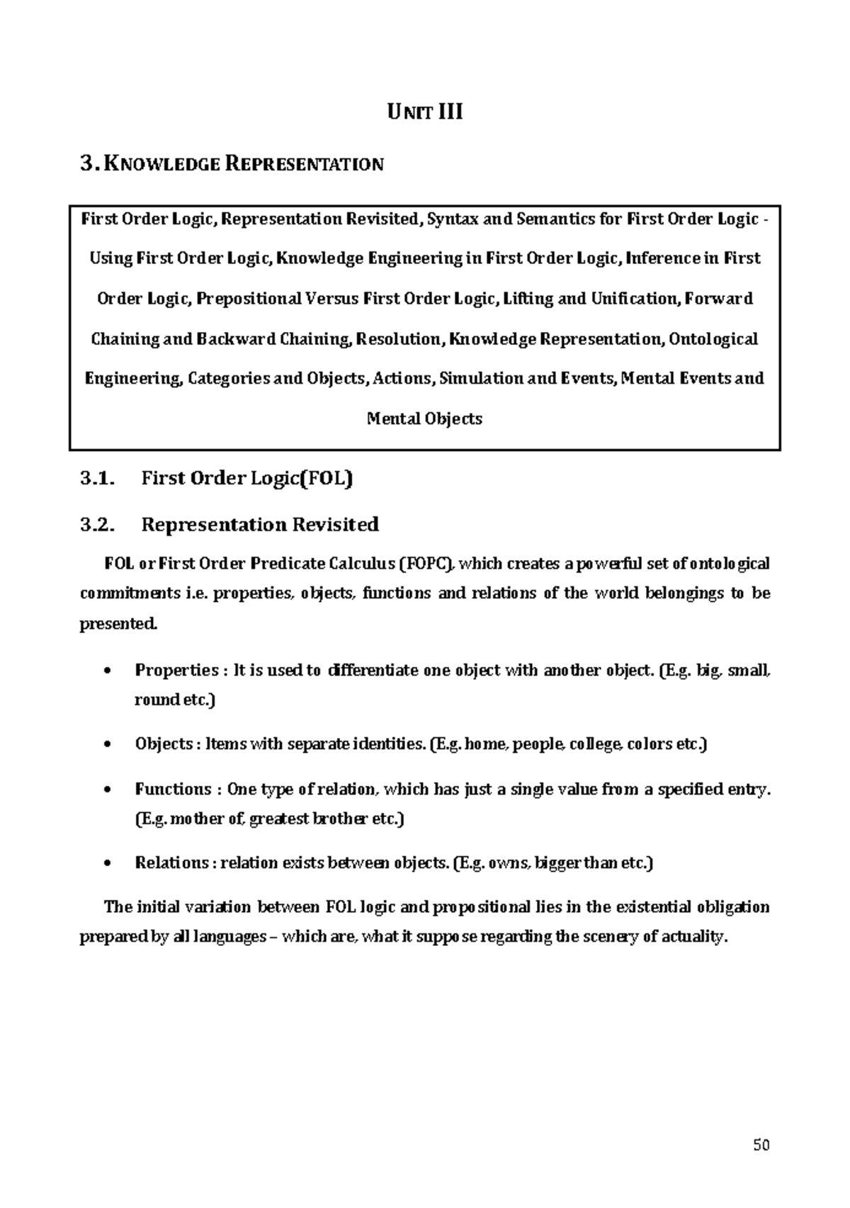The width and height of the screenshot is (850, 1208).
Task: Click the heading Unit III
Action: [424, 112]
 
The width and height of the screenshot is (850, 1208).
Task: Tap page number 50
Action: [761, 1145]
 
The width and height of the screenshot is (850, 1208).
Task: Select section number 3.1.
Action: [97, 479]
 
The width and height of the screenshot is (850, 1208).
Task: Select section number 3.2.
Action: [97, 525]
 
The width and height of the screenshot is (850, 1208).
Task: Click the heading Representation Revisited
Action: [260, 525]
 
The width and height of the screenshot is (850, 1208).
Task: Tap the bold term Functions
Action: [173, 790]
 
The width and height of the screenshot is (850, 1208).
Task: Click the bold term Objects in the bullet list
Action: [164, 744]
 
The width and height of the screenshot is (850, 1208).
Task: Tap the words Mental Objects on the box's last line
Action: [424, 418]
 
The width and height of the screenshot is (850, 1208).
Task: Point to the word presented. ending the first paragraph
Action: [116, 625]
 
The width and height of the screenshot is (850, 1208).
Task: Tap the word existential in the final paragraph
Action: [652, 907]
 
